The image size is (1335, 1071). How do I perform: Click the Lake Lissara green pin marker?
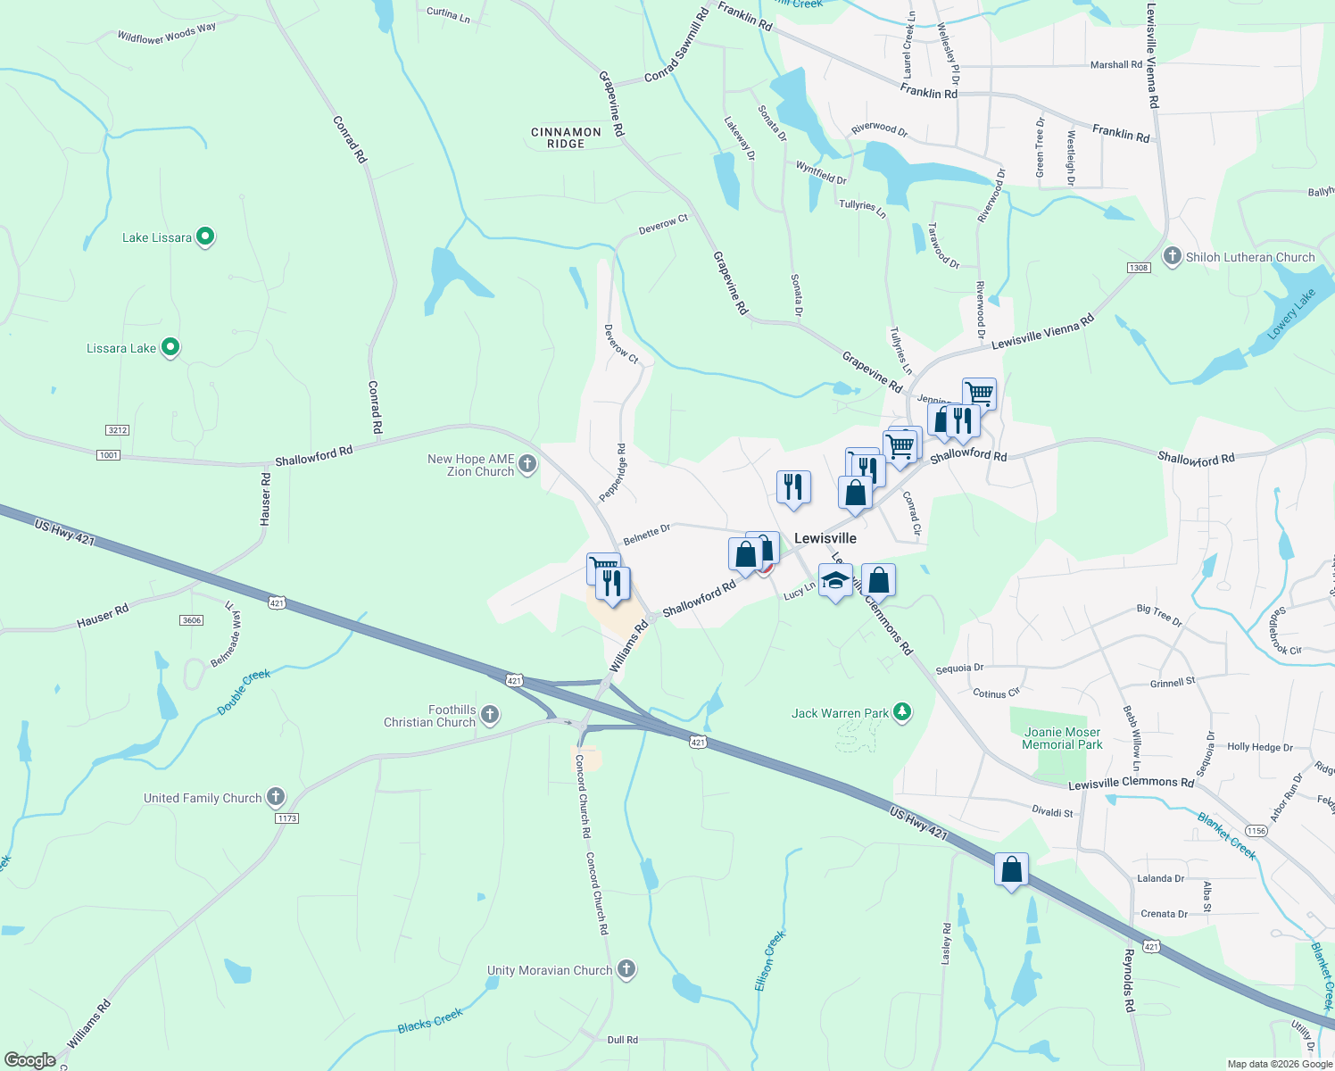tap(204, 237)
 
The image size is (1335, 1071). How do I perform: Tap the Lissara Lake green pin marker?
tap(170, 347)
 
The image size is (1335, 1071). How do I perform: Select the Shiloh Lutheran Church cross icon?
tap(1173, 256)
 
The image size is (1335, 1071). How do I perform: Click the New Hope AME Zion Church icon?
tap(527, 462)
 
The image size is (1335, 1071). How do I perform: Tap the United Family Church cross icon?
tap(276, 796)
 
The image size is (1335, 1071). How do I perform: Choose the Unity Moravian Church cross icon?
tap(626, 968)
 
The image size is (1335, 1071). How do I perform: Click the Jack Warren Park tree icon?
tap(903, 711)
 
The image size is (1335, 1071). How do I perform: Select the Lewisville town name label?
tap(825, 538)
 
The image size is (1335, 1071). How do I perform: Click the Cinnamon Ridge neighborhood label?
tap(566, 137)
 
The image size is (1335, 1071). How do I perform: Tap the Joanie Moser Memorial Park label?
tap(1062, 738)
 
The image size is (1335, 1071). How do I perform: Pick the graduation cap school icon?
tap(835, 580)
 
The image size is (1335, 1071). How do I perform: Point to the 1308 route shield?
tap(1139, 268)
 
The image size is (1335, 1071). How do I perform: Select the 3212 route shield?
tap(118, 430)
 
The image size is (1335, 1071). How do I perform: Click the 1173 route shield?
tap(286, 818)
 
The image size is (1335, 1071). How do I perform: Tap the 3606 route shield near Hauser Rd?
tap(192, 620)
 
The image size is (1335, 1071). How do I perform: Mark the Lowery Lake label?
tap(1291, 314)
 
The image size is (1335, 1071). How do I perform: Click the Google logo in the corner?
tap(29, 1059)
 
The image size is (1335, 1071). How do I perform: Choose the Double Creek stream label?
tap(244, 692)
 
